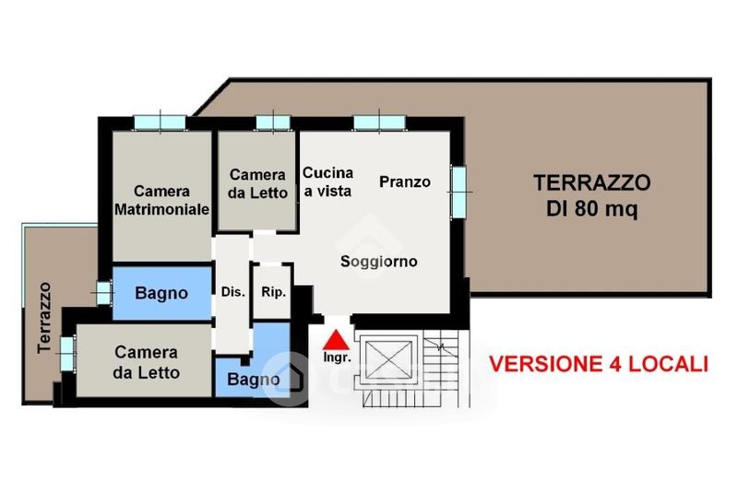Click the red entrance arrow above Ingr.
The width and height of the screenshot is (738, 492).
pyautogui.click(x=336, y=340)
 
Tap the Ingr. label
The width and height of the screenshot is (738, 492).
pyautogui.click(x=337, y=357)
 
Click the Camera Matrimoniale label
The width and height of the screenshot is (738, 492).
pyautogui.click(x=162, y=200)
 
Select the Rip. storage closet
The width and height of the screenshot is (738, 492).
pyautogui.click(x=272, y=292)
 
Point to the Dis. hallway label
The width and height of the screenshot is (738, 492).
pyautogui.click(x=233, y=292)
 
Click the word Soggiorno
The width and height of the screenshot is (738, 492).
pyautogui.click(x=379, y=262)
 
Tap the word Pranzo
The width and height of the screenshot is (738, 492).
pyautogui.click(x=405, y=182)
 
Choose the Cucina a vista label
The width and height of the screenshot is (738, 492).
pyautogui.click(x=327, y=182)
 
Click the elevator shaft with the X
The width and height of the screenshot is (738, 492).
pyautogui.click(x=388, y=359)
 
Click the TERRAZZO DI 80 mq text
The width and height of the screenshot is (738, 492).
pyautogui.click(x=592, y=195)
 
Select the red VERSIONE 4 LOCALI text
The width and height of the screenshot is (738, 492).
pyautogui.click(x=599, y=364)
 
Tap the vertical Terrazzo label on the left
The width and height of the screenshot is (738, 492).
pyautogui.click(x=44, y=318)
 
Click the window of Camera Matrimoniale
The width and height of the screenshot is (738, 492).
pyautogui.click(x=160, y=123)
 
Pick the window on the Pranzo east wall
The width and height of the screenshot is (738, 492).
pyautogui.click(x=459, y=192)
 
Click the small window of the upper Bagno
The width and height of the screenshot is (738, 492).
pyautogui.click(x=103, y=292)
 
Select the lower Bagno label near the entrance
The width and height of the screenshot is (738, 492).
pyautogui.click(x=253, y=380)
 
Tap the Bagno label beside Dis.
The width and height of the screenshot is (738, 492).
pyautogui.click(x=161, y=293)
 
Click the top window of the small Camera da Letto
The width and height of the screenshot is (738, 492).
pyautogui.click(x=273, y=123)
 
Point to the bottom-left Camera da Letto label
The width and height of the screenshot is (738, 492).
pyautogui.click(x=147, y=362)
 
